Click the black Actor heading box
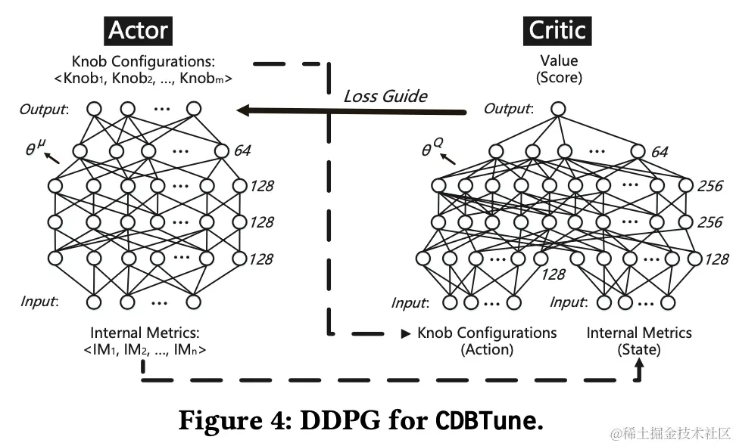tap(139, 30)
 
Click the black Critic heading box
tap(557, 30)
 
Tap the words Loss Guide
tap(385, 96)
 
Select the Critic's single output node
tap(558, 109)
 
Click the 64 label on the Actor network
tap(242, 150)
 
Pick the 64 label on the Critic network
tap(660, 153)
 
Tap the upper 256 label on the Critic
tap(709, 185)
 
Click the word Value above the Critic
tap(558, 60)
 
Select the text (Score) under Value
tap(558, 77)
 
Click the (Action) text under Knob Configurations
tap(487, 349)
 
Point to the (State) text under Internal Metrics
tap(639, 349)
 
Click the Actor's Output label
tap(43, 109)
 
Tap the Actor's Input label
tap(37, 302)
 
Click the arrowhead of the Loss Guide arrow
tap(242, 110)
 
